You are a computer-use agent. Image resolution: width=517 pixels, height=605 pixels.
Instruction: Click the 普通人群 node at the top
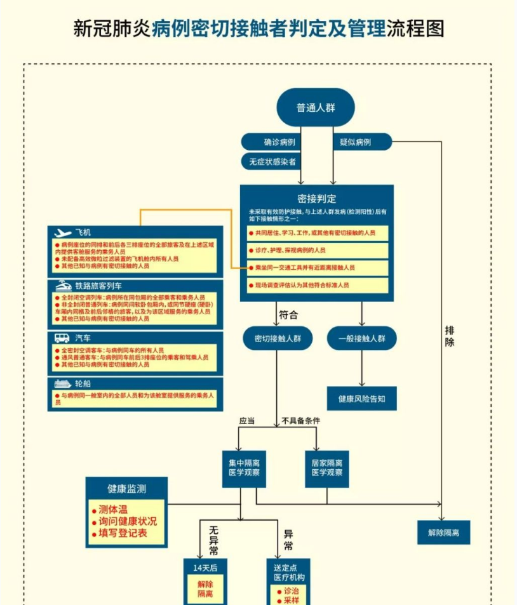click(x=315, y=107)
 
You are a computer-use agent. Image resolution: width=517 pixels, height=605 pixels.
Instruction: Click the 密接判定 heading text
click(x=316, y=199)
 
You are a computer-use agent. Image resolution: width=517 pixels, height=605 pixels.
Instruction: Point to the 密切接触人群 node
click(x=278, y=338)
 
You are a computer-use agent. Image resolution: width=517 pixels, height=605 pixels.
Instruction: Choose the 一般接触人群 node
click(x=361, y=338)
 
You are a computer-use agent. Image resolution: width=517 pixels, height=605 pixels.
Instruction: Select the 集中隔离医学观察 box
click(x=244, y=468)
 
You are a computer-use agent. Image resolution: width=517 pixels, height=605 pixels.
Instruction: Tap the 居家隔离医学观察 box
click(x=327, y=468)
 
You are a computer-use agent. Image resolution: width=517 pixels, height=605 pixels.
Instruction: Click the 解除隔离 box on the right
click(x=443, y=532)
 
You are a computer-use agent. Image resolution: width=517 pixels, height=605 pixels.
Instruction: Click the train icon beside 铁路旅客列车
click(x=63, y=286)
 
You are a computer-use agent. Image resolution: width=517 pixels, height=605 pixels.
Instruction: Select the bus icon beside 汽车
click(x=62, y=338)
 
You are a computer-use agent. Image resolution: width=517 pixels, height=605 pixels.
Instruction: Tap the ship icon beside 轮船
click(x=62, y=384)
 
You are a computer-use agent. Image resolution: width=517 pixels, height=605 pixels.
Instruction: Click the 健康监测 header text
click(x=126, y=488)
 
